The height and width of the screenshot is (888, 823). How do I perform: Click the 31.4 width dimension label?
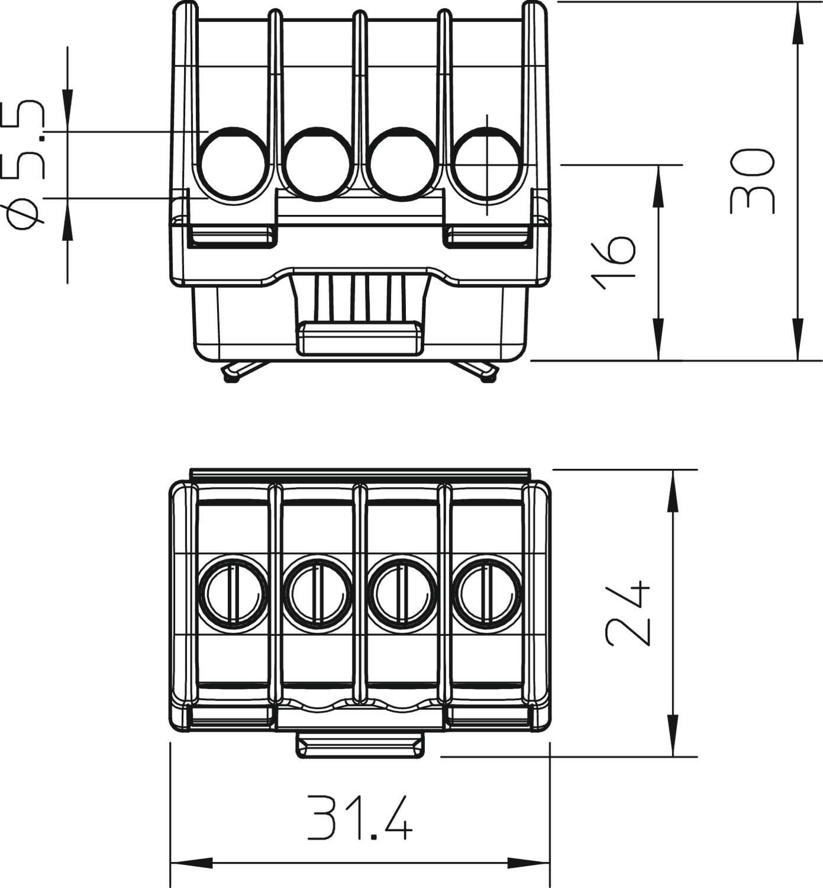pyautogui.click(x=359, y=818)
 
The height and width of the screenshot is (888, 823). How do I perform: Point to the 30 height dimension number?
pyautogui.click(x=751, y=181)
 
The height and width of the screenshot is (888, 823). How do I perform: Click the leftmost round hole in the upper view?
pyautogui.click(x=234, y=164)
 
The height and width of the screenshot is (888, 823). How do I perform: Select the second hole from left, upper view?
pyautogui.click(x=317, y=164)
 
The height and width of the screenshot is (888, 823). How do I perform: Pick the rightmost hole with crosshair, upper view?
pyautogui.click(x=487, y=164)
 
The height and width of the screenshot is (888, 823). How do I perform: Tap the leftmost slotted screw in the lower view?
pyautogui.click(x=233, y=594)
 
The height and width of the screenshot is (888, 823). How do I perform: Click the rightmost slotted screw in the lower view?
pyautogui.click(x=487, y=594)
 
